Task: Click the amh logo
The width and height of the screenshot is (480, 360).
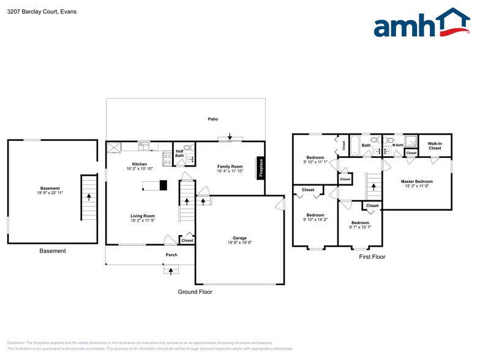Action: tap(421, 24)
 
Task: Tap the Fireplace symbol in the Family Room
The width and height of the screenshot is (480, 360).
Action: tap(261, 168)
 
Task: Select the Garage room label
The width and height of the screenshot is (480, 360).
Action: tap(239, 238)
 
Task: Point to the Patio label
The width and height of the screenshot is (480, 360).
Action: tap(212, 119)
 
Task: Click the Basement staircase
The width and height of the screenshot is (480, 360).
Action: tap(89, 197)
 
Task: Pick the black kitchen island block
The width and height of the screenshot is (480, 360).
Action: tap(162, 185)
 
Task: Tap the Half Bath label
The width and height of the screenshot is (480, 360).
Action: tap(179, 153)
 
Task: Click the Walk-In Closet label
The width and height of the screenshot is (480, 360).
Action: tap(435, 146)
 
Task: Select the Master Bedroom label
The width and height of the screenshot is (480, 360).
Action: tap(417, 181)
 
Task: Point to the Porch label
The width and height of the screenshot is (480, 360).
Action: tap(171, 255)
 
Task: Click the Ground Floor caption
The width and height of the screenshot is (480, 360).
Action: tap(195, 292)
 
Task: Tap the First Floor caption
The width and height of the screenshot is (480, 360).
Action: tap(372, 257)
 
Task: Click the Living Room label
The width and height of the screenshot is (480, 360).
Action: tap(142, 216)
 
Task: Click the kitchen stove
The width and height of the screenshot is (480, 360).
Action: tap(167, 159)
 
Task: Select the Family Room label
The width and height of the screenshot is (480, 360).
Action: tap(230, 167)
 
